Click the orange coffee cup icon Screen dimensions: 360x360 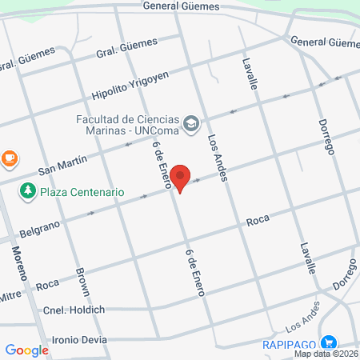8,158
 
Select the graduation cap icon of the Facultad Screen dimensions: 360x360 190,123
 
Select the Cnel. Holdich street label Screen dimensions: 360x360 74,310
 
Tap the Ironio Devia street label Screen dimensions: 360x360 79,339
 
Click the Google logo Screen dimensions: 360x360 26,350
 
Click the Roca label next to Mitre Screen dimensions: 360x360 47,284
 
